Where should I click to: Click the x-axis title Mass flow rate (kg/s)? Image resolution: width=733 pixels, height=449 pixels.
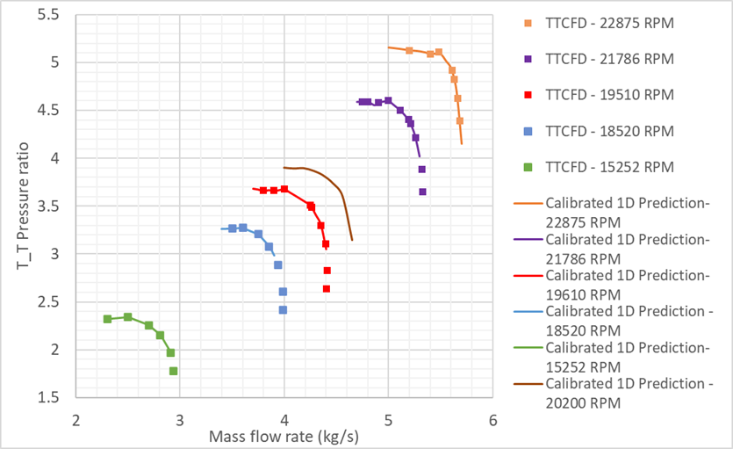tap(284, 435)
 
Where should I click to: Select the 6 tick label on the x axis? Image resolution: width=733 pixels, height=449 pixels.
tap(492, 418)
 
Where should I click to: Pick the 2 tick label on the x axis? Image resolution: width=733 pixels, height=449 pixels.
tap(76, 418)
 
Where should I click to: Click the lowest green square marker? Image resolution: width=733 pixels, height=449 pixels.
tap(174, 371)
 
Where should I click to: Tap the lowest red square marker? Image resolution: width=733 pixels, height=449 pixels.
tap(327, 288)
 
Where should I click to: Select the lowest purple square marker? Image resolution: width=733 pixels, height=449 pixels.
tap(422, 192)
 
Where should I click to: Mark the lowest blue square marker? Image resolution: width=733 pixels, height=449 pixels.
tap(283, 309)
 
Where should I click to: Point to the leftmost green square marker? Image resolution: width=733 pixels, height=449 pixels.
tap(107, 319)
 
